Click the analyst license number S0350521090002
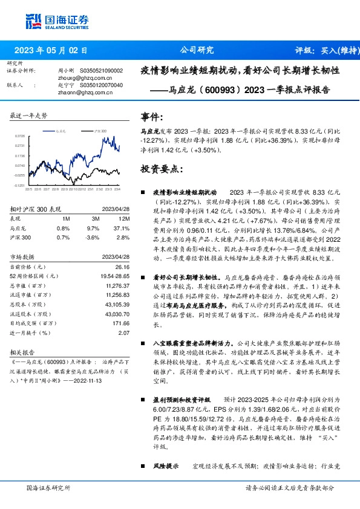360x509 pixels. click(x=97, y=71)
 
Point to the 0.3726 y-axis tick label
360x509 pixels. click(x=19, y=136)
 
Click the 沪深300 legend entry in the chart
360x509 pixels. click(x=100, y=131)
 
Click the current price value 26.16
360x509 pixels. click(x=122, y=267)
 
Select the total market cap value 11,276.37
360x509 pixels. click(x=117, y=285)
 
